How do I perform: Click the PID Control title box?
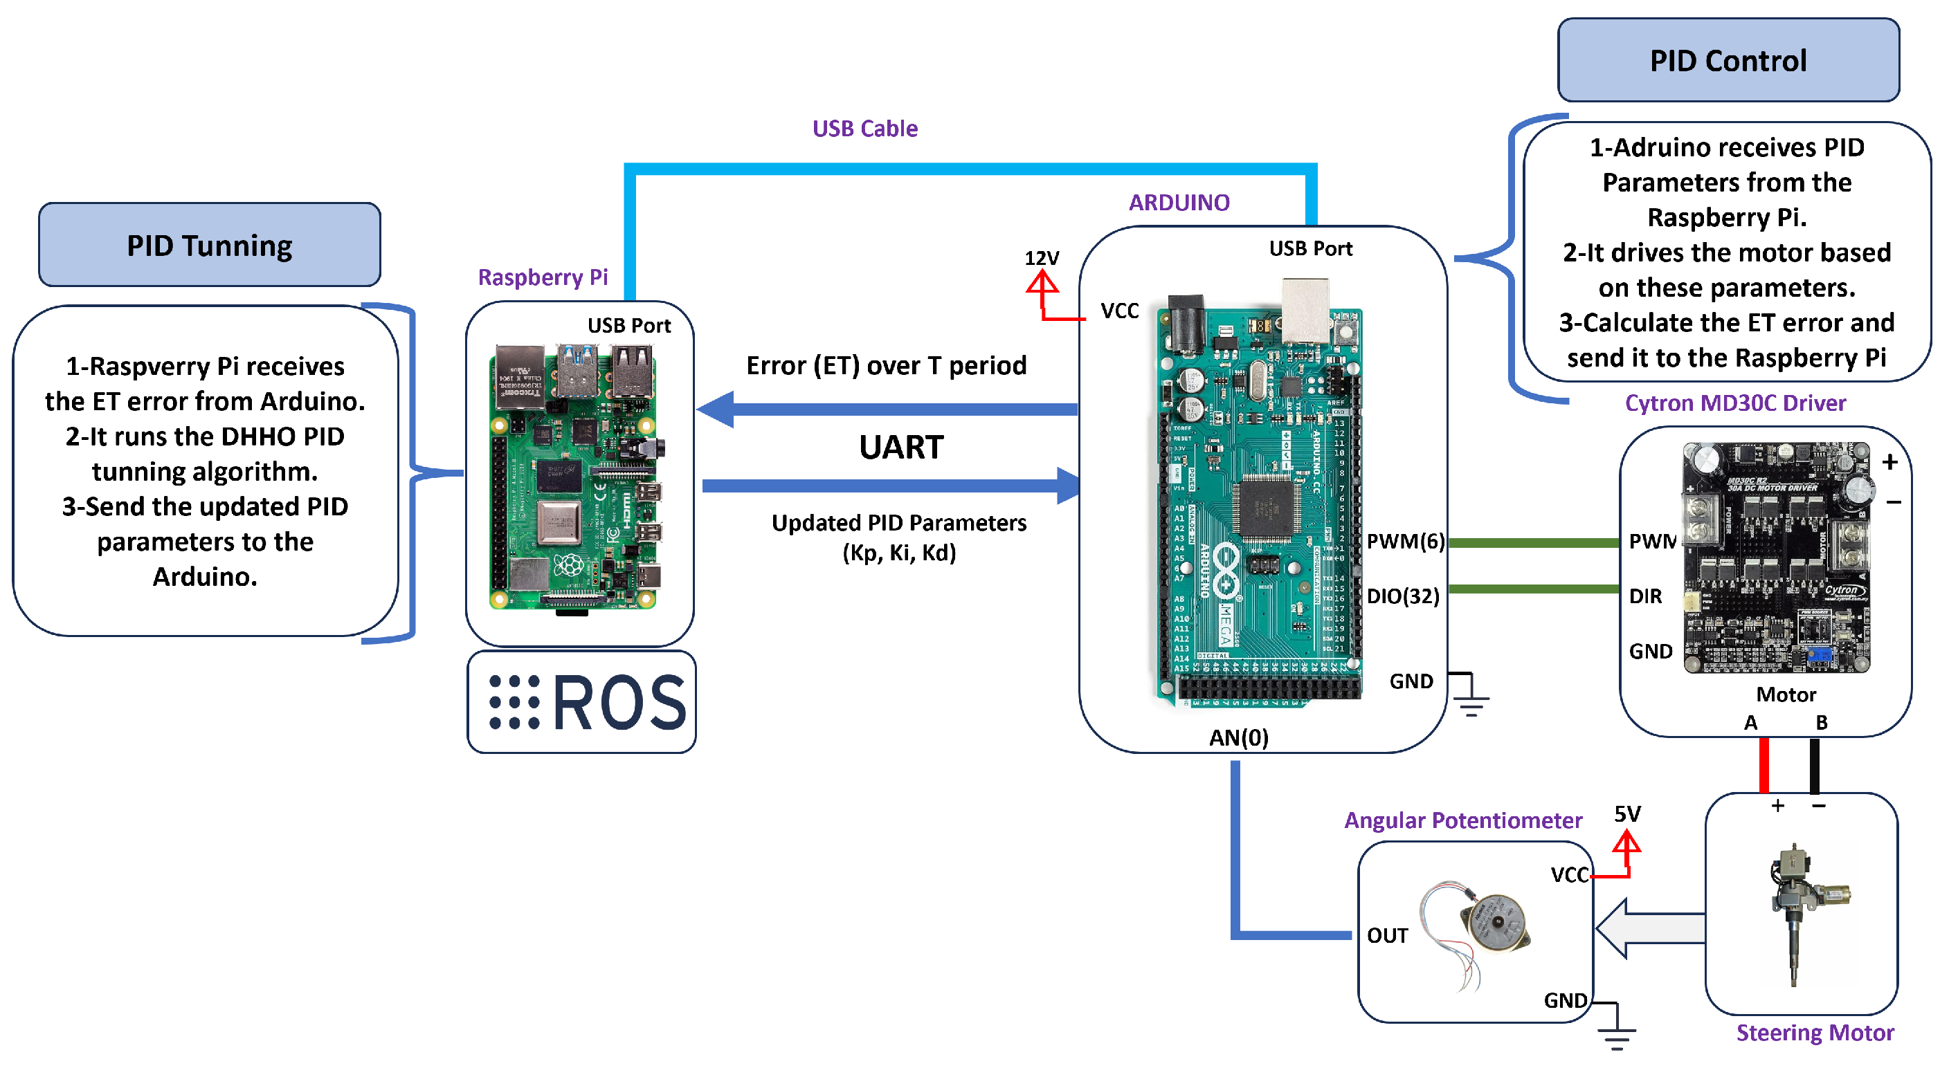pos(1728,60)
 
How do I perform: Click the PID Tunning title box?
pos(209,245)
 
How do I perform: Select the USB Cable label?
pos(864,129)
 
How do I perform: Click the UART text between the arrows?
pos(900,447)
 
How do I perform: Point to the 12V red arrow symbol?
pos(1042,286)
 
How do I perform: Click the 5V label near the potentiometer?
pos(1626,814)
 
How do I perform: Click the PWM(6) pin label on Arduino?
pos(1405,542)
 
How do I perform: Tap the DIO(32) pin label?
pos(1402,596)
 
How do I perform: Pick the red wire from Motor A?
pos(1764,765)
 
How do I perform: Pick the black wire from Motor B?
pos(1814,765)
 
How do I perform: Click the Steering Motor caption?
pos(1814,1033)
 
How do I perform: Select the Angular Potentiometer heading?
pos(1462,820)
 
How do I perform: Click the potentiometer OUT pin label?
pos(1387,936)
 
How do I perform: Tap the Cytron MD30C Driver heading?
pos(1735,403)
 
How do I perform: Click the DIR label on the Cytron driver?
pos(1645,596)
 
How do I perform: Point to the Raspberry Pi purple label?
pos(543,277)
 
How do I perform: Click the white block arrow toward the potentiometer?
pos(1649,929)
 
